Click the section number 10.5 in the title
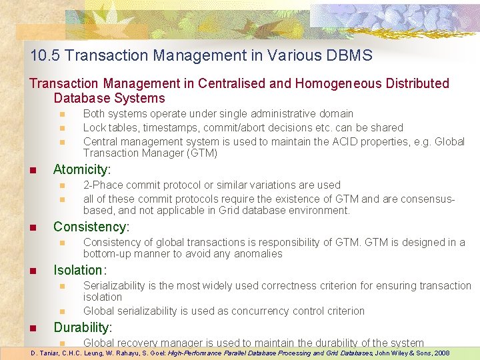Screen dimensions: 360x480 coord(43,55)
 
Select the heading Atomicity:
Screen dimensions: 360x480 coord(82,169)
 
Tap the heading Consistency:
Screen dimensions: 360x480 coord(91,227)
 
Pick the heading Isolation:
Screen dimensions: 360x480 coord(79,270)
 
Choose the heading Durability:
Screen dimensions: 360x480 coord(83,327)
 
